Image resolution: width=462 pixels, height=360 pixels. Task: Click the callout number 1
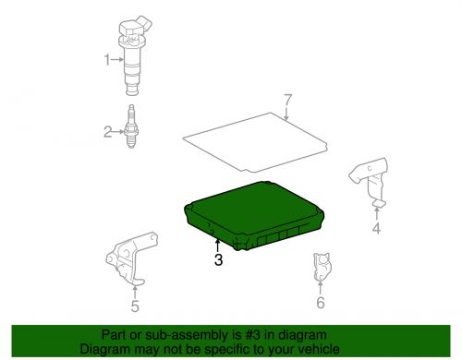[107, 59]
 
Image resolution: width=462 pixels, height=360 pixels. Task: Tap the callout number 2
[107, 132]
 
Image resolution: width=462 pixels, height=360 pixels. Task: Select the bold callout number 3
[218, 259]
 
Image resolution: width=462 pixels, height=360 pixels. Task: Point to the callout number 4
[376, 228]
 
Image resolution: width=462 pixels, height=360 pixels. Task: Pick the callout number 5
[135, 306]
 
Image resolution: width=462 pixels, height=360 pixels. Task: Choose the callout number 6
[321, 303]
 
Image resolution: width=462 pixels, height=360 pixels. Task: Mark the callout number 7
[287, 100]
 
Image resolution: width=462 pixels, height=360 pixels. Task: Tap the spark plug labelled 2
[131, 126]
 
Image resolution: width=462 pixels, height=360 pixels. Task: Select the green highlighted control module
[253, 215]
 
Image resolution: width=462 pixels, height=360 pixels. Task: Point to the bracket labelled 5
[131, 258]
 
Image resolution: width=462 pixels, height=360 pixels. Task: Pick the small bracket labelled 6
[322, 267]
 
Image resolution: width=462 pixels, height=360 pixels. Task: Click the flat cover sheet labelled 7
[255, 142]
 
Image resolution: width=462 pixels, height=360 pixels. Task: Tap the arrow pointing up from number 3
[218, 246]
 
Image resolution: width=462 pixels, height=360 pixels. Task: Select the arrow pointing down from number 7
[286, 114]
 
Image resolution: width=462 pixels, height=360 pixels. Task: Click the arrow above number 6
[321, 287]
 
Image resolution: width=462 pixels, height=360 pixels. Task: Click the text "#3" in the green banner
[253, 335]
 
